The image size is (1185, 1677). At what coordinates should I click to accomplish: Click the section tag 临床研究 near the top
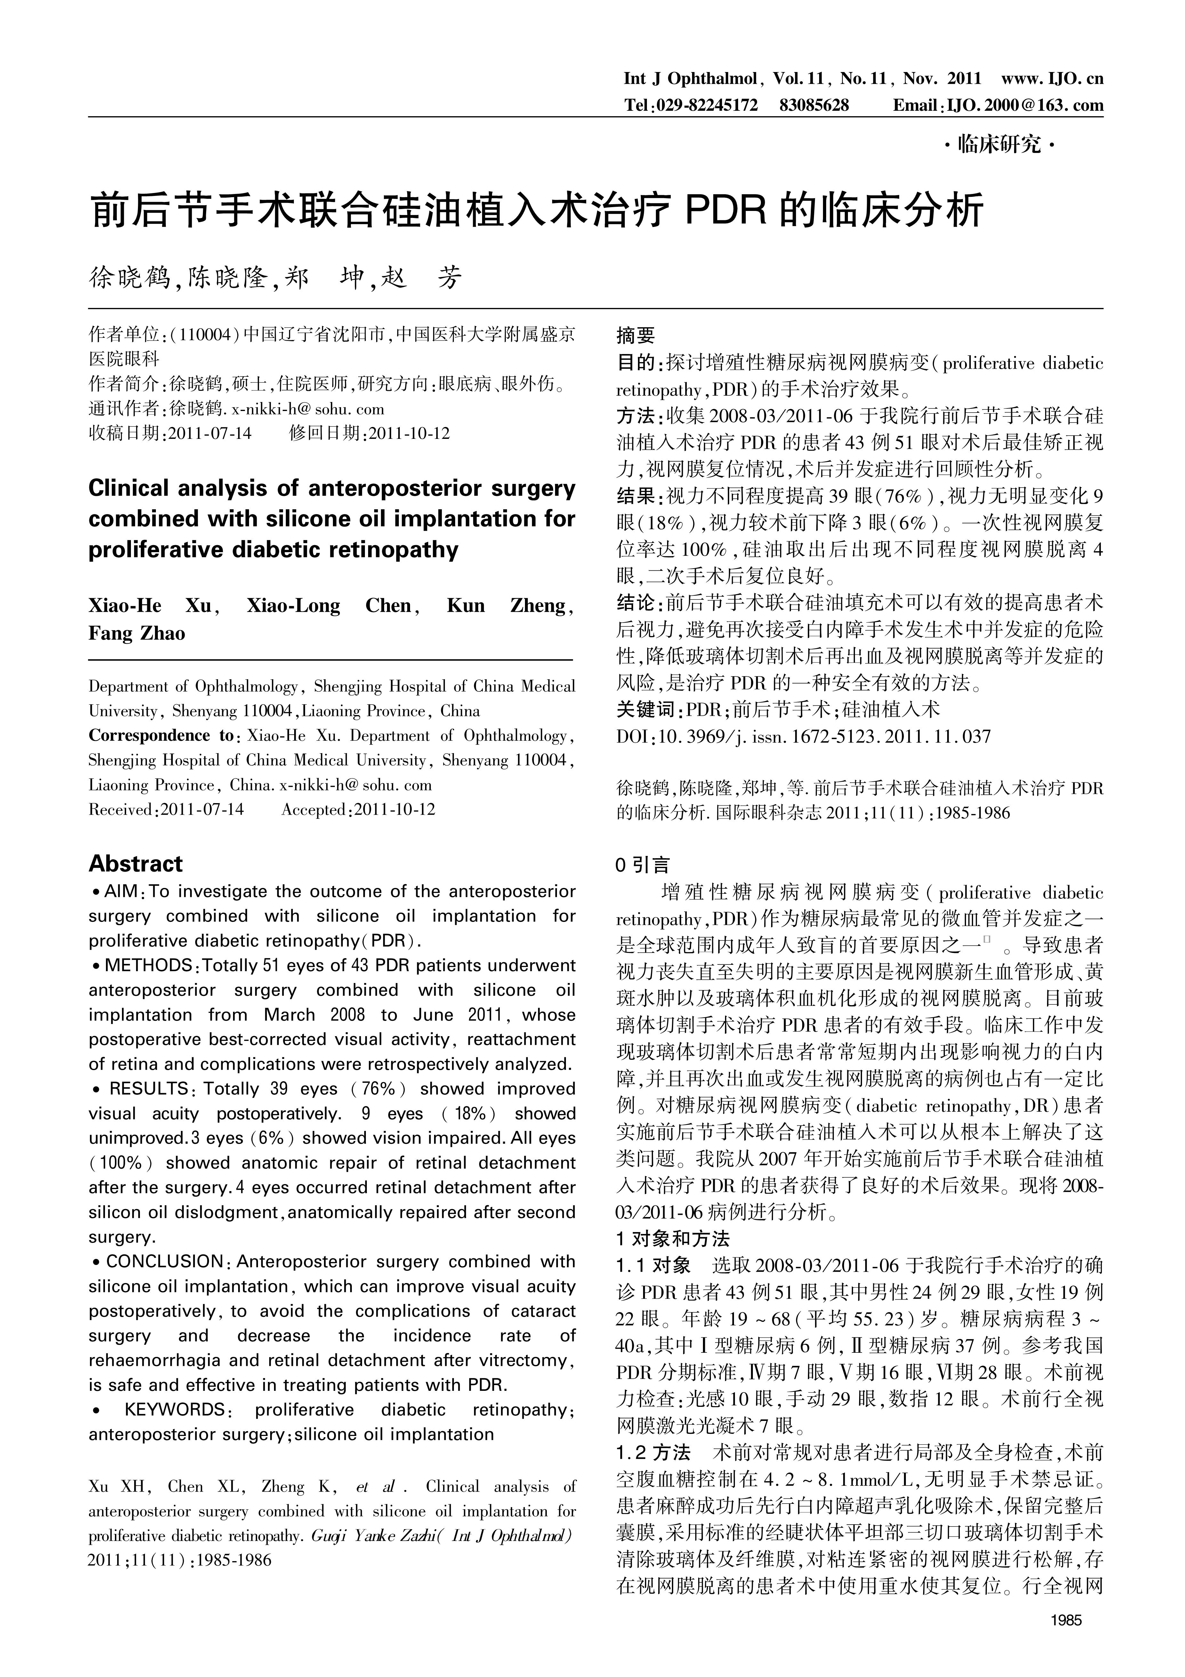(x=999, y=145)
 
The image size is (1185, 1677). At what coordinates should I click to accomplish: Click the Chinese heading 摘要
(x=636, y=335)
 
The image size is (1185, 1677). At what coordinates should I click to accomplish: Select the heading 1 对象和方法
(x=672, y=1239)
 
